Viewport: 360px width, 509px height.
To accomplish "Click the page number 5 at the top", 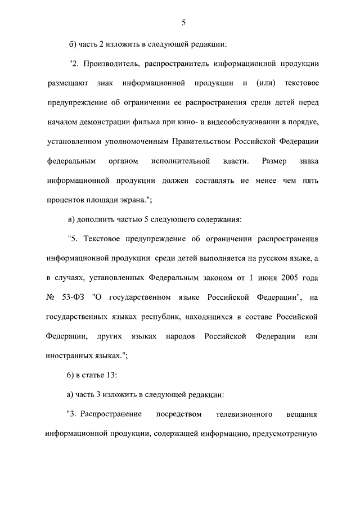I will click(183, 22).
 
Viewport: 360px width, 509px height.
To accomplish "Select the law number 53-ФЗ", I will click(75, 298).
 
